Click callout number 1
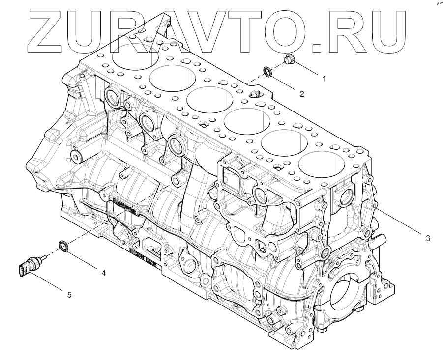point(324,78)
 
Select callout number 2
point(302,93)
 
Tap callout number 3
point(428,238)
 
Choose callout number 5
point(69,294)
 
